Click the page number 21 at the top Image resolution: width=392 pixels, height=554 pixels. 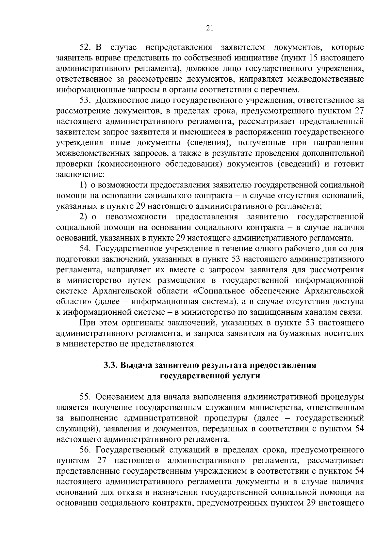(210, 28)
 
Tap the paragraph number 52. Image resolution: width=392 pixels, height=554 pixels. (86, 48)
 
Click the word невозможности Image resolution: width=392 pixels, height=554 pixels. (136, 217)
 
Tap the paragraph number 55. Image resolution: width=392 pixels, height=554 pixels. (86, 397)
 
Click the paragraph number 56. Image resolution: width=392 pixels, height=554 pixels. (86, 450)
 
